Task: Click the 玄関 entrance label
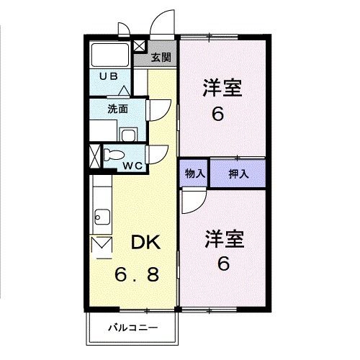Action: [161, 57]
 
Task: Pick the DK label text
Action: [145, 243]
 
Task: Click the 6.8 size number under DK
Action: [145, 274]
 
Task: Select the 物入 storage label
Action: [194, 173]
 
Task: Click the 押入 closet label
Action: [238, 173]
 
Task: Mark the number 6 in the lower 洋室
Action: [224, 264]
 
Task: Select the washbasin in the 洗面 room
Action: [127, 135]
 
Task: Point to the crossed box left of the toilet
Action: [94, 156]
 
